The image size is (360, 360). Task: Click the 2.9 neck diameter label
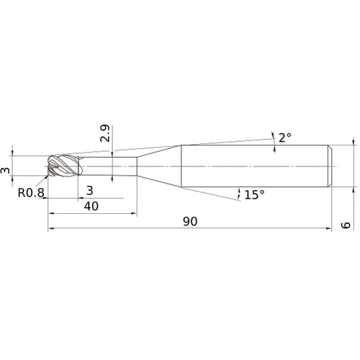tap(105, 133)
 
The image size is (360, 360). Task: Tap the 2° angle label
tap(285, 138)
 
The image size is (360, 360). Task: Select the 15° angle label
tap(254, 194)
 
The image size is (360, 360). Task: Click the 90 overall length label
tap(190, 221)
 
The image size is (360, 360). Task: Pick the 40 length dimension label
tap(91, 206)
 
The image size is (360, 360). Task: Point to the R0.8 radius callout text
tap(31, 192)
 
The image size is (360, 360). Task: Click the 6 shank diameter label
tap(346, 225)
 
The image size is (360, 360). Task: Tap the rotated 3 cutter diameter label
tap(5, 171)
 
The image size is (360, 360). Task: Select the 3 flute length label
tap(89, 191)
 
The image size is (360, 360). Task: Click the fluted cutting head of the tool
tap(65, 166)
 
